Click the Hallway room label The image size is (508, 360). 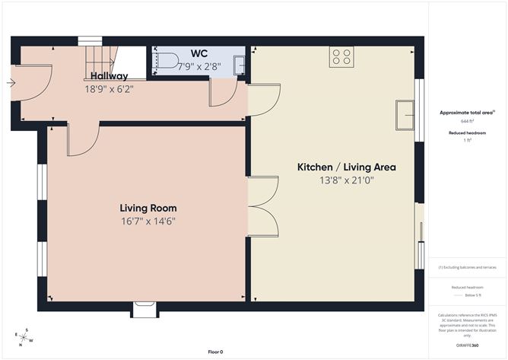click(x=109, y=76)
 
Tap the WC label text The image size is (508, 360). click(x=199, y=53)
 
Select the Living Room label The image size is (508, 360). click(x=148, y=208)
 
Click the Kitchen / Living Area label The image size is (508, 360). click(x=346, y=167)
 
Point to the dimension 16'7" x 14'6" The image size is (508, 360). click(x=148, y=221)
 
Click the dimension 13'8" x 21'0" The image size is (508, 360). click(x=346, y=180)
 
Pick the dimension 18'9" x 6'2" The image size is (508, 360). click(x=109, y=88)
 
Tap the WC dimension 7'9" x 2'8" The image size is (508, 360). click(x=198, y=65)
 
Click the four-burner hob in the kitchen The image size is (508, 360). click(x=341, y=56)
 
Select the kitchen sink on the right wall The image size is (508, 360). click(x=405, y=116)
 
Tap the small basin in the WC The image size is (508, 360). click(x=239, y=65)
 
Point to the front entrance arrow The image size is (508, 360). click(x=10, y=82)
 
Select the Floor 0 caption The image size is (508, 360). click(x=216, y=352)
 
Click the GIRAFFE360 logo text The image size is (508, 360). click(x=467, y=346)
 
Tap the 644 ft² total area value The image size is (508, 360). click(x=467, y=121)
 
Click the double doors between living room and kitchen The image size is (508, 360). click(x=261, y=205)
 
